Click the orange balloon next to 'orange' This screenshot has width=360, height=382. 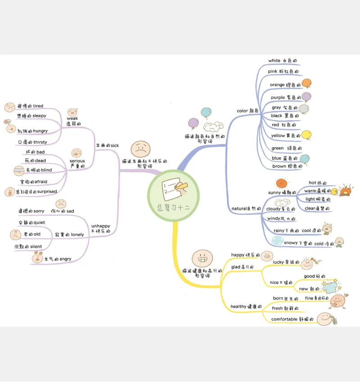pos(306,83)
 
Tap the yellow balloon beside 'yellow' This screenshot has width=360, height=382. pos(306,134)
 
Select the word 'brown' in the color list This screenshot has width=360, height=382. pos(279,166)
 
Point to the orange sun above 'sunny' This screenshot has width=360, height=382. pos(281,183)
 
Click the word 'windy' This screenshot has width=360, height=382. pos(274,219)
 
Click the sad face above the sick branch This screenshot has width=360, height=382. pos(141,148)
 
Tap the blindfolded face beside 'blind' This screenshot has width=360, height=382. pos(19,171)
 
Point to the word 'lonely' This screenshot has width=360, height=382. pos(77,234)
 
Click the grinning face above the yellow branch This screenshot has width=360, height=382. pos(201,258)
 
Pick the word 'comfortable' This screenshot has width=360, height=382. pos(284,319)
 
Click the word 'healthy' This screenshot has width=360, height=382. pos(239,306)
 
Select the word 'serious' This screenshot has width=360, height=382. pos(77,161)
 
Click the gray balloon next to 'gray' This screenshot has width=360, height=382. pos(304,108)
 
